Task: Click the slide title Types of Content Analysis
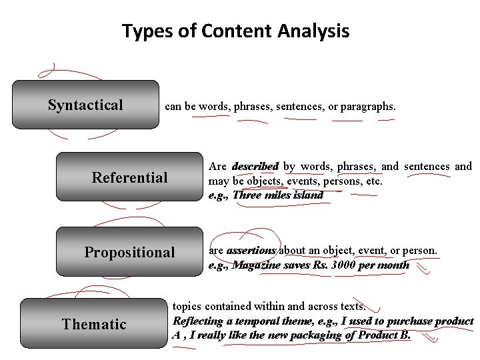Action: point(235,31)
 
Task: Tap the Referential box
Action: point(129,177)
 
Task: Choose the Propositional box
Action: point(129,252)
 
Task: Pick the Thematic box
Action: point(93,324)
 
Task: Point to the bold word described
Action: point(255,166)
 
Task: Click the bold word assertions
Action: point(251,251)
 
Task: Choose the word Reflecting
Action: point(197,321)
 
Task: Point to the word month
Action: point(393,265)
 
